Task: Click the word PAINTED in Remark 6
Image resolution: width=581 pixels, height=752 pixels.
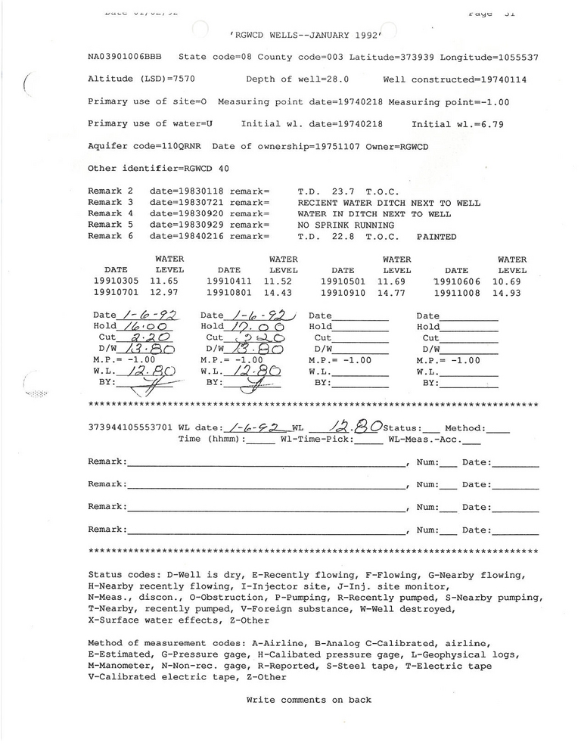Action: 437,236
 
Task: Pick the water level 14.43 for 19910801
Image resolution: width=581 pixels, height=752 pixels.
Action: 284,293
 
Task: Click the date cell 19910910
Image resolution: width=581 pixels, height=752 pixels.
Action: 343,293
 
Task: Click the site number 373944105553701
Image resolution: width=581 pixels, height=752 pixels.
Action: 131,427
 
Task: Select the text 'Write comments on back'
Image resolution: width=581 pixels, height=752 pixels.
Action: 309,700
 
